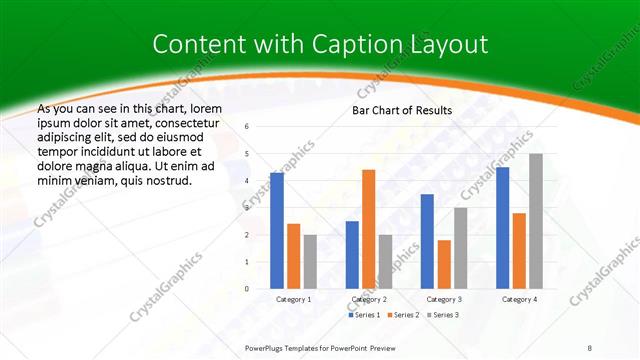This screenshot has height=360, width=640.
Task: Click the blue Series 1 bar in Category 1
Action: pyautogui.click(x=277, y=231)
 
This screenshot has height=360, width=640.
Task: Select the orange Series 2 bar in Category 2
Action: pyautogui.click(x=368, y=229)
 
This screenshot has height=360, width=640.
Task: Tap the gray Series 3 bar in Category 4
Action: pyautogui.click(x=536, y=221)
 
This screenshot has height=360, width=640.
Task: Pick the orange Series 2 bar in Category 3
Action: pyautogui.click(x=443, y=264)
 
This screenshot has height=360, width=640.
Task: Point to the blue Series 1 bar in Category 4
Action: pyautogui.click(x=502, y=228)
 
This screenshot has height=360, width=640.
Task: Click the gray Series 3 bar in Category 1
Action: pyautogui.click(x=310, y=261)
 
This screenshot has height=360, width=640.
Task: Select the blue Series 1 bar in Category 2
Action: pyautogui.click(x=352, y=255)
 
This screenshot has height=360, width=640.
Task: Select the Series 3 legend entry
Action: pyautogui.click(x=441, y=315)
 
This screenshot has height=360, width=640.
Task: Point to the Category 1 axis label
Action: pyautogui.click(x=294, y=299)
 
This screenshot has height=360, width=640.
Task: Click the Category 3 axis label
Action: pyautogui.click(x=443, y=299)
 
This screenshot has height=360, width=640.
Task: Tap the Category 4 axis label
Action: pyautogui.click(x=519, y=299)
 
